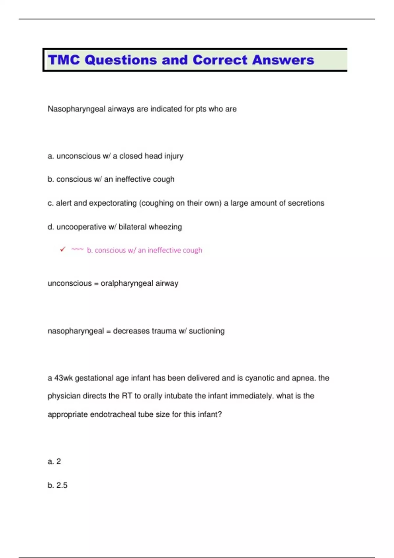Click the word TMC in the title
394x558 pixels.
(x=64, y=60)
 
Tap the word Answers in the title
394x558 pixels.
(x=283, y=60)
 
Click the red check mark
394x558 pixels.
(x=63, y=250)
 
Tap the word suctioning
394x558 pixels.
(x=207, y=331)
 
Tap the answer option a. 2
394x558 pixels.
(x=54, y=461)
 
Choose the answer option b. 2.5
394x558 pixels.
(x=57, y=485)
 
